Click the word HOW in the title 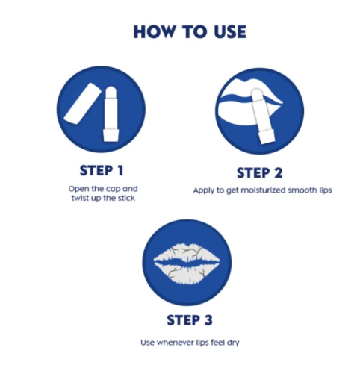[154, 32]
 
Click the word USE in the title [230, 32]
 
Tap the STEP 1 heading [102, 171]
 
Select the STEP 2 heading [259, 173]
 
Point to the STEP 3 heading [190, 320]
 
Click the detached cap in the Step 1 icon [82, 103]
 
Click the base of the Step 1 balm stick [111, 135]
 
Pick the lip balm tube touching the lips [262, 116]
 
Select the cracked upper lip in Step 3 [186, 253]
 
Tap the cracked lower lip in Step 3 [187, 273]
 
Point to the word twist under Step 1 [80, 198]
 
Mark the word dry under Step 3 [233, 343]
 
